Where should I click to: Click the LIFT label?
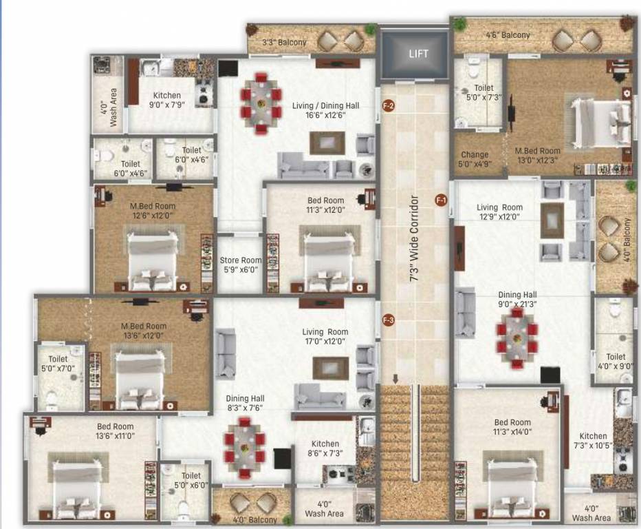(x=418, y=54)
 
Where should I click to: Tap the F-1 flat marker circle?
(x=441, y=200)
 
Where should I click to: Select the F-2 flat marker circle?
(x=388, y=106)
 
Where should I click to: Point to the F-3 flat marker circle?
(x=388, y=320)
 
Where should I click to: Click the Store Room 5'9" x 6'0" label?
(x=240, y=265)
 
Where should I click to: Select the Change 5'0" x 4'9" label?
(x=475, y=160)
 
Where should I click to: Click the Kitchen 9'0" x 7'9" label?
(x=167, y=101)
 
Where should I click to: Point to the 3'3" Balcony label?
(x=284, y=43)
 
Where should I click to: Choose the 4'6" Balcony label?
(x=508, y=35)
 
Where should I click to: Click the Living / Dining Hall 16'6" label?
(x=325, y=110)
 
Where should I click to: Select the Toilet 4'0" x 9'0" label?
(x=616, y=361)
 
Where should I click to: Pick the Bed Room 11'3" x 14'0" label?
(x=512, y=427)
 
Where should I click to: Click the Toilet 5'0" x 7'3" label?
(x=484, y=93)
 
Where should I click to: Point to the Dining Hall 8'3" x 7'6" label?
(x=245, y=403)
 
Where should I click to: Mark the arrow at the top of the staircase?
(x=395, y=379)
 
